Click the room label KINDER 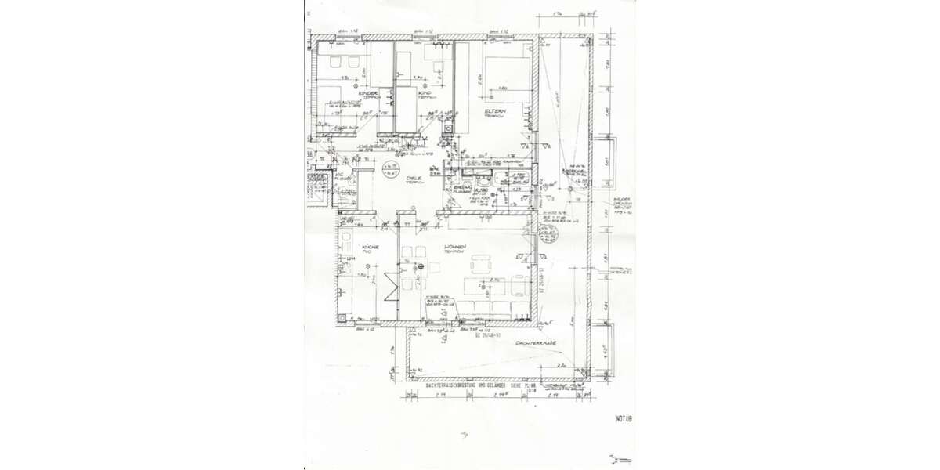(x=369, y=94)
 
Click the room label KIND (x=426, y=94)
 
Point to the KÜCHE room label (x=370, y=248)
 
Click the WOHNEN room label (x=455, y=248)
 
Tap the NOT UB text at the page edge (x=624, y=419)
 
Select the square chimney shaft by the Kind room (x=448, y=129)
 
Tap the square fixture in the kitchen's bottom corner (x=344, y=318)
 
